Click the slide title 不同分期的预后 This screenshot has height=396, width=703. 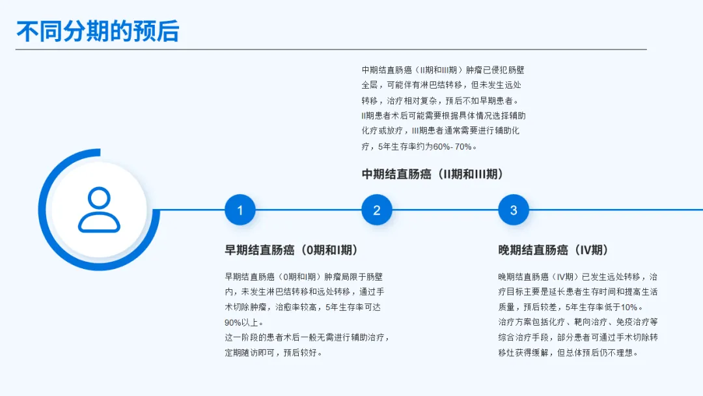(x=98, y=31)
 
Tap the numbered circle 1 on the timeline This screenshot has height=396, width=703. (x=240, y=210)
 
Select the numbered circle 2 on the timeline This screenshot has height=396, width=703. (x=377, y=210)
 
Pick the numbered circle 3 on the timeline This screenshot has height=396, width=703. (x=514, y=210)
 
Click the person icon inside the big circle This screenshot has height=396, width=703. (x=99, y=210)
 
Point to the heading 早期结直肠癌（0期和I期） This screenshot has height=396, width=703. (x=291, y=250)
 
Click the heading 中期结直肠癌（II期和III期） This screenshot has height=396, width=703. (x=432, y=174)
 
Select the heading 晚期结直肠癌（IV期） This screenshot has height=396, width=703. (x=553, y=250)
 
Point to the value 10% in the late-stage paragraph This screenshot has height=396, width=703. (x=630, y=307)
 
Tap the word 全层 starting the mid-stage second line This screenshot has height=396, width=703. (x=370, y=85)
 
